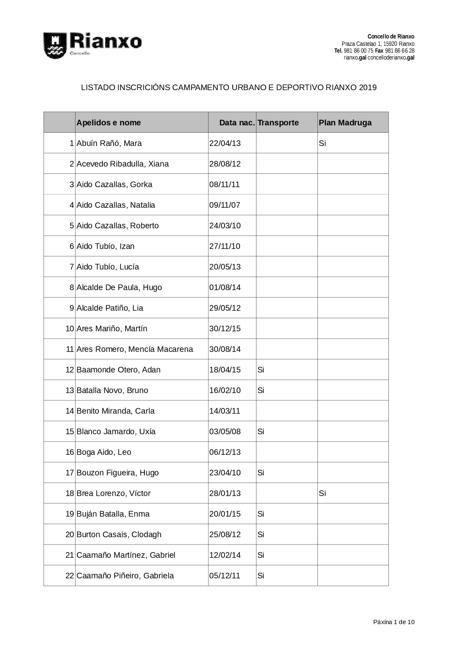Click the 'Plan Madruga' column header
[x=345, y=123]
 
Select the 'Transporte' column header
[x=278, y=123]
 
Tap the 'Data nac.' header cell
[x=236, y=123]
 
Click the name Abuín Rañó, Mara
[x=109, y=143]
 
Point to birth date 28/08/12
[x=225, y=164]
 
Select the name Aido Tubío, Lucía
[x=108, y=267]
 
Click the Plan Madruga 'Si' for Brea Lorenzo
[x=322, y=493]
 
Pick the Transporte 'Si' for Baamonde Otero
[x=261, y=370]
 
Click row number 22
[x=70, y=576]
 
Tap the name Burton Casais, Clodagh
[x=119, y=534]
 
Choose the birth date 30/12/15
[x=225, y=329]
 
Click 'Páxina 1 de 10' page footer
[x=394, y=622]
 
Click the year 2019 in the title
[x=368, y=87]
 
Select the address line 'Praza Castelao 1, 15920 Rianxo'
[x=378, y=43]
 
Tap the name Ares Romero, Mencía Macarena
[x=135, y=349]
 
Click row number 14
[x=70, y=411]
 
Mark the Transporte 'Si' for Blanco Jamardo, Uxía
[x=261, y=431]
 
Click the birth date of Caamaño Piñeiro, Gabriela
[x=225, y=576]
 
